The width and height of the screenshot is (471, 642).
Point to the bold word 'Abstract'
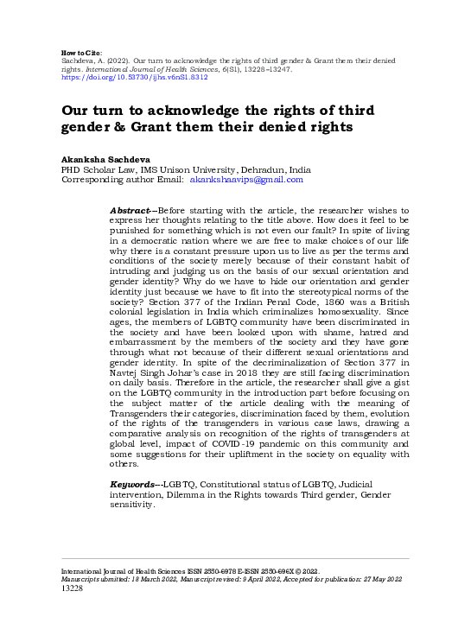coord(131,211)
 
